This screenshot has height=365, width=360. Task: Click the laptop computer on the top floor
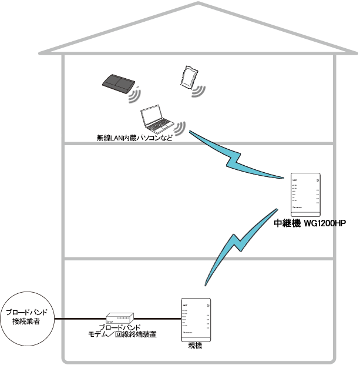(156, 120)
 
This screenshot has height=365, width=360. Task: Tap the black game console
(118, 83)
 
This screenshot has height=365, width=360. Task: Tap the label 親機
(194, 347)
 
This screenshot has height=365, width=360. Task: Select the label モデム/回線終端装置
(122, 334)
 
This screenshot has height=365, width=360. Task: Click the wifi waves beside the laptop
(180, 128)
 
